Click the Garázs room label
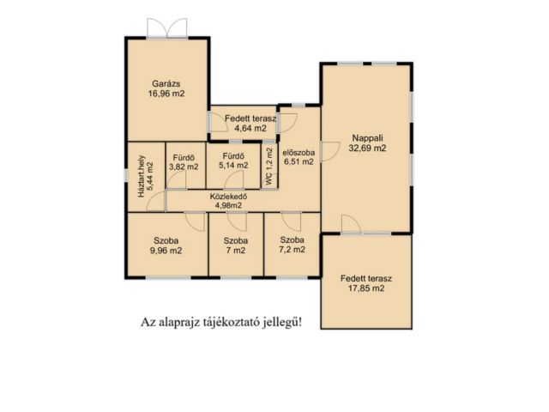pos(166,84)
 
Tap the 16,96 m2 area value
pos(166,94)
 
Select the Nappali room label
pos(368,138)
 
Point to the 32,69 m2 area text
pos(367,148)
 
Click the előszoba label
pos(299,153)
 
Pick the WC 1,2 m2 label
pos(268,167)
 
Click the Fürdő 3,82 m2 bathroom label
pos(184,162)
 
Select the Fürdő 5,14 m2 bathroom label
pos(233,161)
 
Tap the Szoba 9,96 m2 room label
pos(166,245)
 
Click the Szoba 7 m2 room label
pos(236,245)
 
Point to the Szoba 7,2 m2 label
pos(292,245)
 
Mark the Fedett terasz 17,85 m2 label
pos(366,283)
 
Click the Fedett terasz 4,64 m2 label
pos(250,124)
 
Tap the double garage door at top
pos(167,28)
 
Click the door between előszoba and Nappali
pos(330,152)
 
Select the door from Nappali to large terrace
pos(351,225)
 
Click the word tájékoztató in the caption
pos(232,322)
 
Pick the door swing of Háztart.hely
pos(156,202)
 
